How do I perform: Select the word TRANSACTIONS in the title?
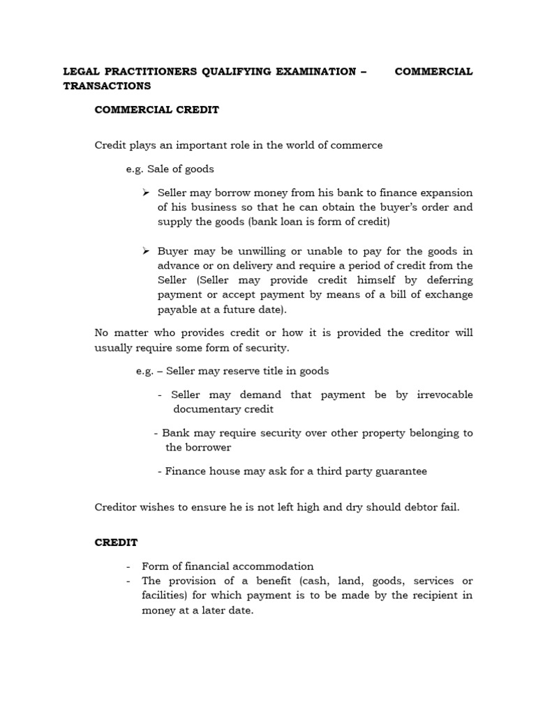click(x=107, y=86)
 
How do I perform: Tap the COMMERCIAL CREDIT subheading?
click(x=157, y=109)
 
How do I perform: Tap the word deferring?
click(x=448, y=280)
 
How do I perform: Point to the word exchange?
click(x=449, y=295)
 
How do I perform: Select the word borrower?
click(x=207, y=447)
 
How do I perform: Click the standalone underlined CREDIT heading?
click(x=117, y=542)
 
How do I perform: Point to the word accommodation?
click(x=276, y=566)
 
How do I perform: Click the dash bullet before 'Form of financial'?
click(x=129, y=566)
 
